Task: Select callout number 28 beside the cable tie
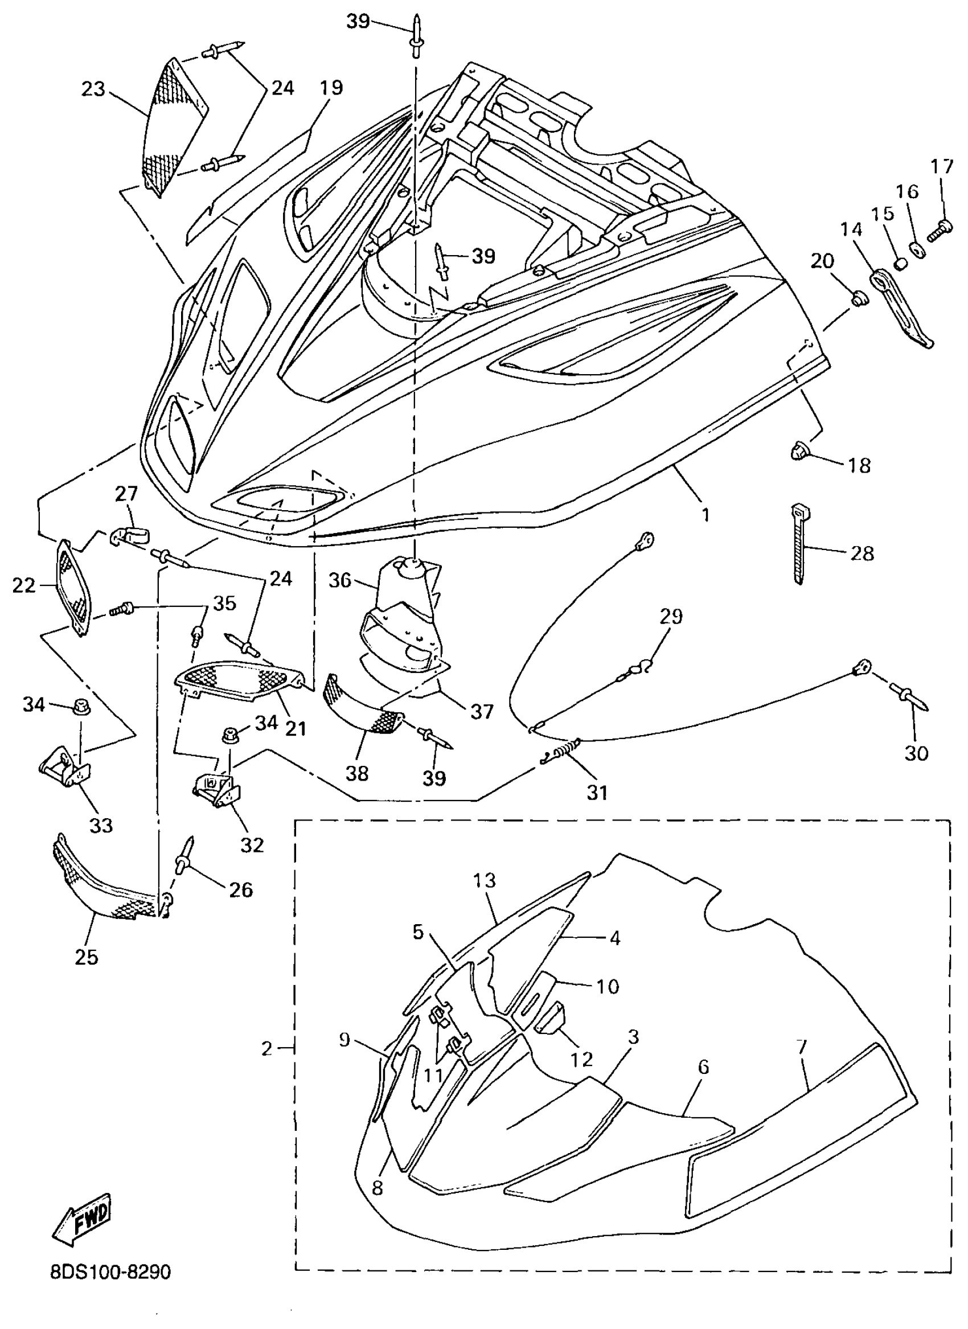click(862, 553)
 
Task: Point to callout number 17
click(942, 167)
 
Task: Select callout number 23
click(93, 89)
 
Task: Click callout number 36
click(340, 580)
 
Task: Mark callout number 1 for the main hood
click(706, 515)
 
